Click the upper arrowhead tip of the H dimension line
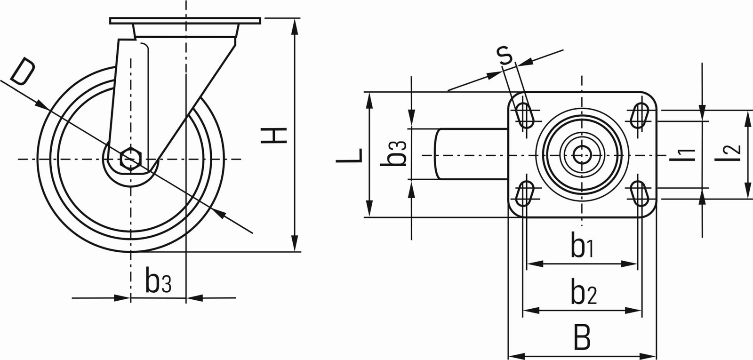click(295, 19)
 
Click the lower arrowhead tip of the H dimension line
click(295, 251)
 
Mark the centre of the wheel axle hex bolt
click(131, 159)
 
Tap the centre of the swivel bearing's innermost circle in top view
click(582, 155)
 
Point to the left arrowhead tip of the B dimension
click(508, 356)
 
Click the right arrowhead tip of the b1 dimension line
click(637, 264)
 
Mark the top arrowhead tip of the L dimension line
click(369, 92)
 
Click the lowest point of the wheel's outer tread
click(131, 251)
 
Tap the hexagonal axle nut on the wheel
click(131, 159)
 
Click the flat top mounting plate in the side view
click(185, 21)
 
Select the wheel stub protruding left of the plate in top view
click(471, 154)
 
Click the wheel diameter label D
click(23, 72)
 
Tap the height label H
click(274, 135)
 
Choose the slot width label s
click(505, 56)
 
